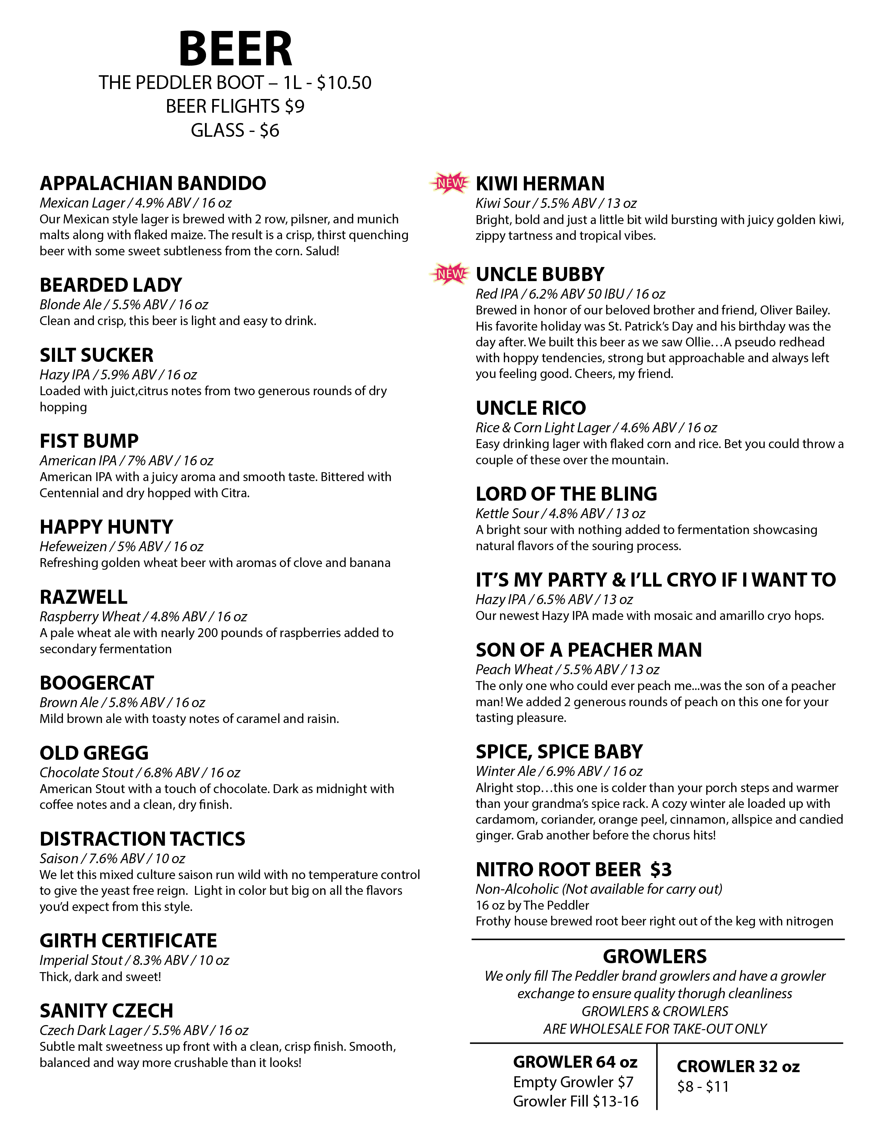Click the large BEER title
click(x=235, y=50)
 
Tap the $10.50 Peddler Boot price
click(x=344, y=83)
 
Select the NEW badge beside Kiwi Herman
click(x=450, y=183)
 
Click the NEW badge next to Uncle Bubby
click(x=450, y=274)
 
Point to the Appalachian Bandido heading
click(x=153, y=183)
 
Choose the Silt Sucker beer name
click(x=97, y=355)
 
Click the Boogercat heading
click(x=97, y=683)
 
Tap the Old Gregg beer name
click(x=94, y=753)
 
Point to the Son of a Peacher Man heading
click(x=589, y=650)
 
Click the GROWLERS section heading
click(x=654, y=956)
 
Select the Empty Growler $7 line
click(x=573, y=1082)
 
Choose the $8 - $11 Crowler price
click(x=703, y=1087)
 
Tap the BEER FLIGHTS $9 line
click(x=235, y=107)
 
